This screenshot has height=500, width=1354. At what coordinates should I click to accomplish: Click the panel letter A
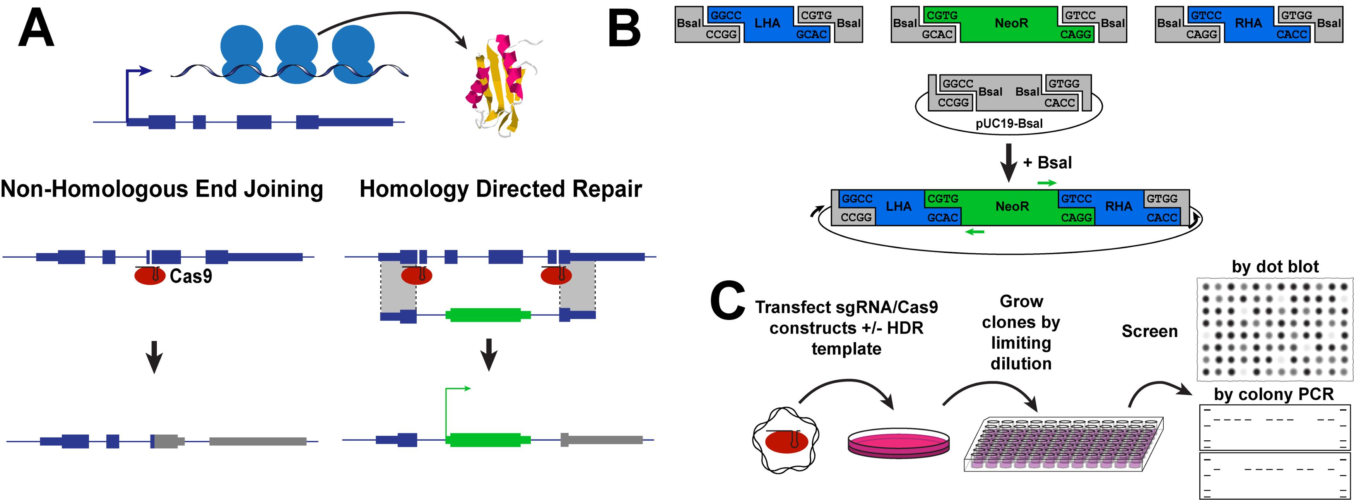[36, 29]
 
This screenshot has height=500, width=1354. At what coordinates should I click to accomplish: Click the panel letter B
[624, 29]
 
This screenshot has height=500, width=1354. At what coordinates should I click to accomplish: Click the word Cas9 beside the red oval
[191, 276]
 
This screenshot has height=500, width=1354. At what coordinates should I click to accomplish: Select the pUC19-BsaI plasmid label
[1009, 124]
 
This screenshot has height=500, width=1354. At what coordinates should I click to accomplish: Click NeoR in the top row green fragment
[1011, 23]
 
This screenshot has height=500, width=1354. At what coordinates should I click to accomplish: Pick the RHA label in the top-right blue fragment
[1248, 23]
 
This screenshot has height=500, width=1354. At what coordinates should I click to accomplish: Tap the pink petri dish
[898, 442]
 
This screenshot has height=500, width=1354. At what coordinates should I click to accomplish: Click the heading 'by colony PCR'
[1274, 394]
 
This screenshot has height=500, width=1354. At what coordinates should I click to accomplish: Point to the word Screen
[1149, 331]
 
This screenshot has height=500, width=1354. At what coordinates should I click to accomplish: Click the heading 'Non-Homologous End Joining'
[161, 189]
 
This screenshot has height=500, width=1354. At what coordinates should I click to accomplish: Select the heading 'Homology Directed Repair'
[500, 189]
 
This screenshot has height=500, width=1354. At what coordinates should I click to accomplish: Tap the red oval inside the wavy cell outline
[786, 442]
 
